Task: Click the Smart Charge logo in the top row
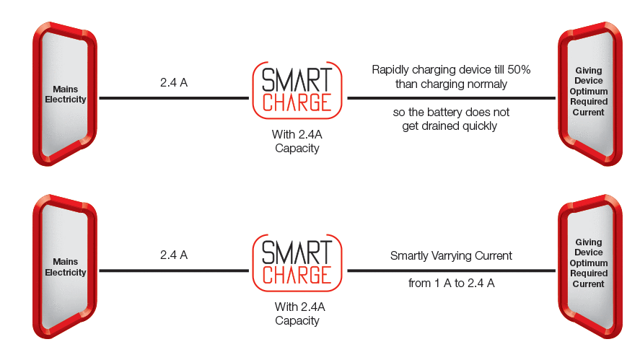tap(297, 89)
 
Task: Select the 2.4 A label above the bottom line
tap(174, 255)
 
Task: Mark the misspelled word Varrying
tap(460, 255)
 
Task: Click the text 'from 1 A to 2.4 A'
tap(451, 284)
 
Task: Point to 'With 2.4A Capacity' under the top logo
tap(297, 141)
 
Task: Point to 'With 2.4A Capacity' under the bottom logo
tap(297, 313)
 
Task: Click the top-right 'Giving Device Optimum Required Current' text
tap(589, 92)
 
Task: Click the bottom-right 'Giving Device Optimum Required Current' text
tap(589, 263)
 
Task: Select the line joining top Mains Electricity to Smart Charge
tap(174, 98)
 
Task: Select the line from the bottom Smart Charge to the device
tap(451, 271)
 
